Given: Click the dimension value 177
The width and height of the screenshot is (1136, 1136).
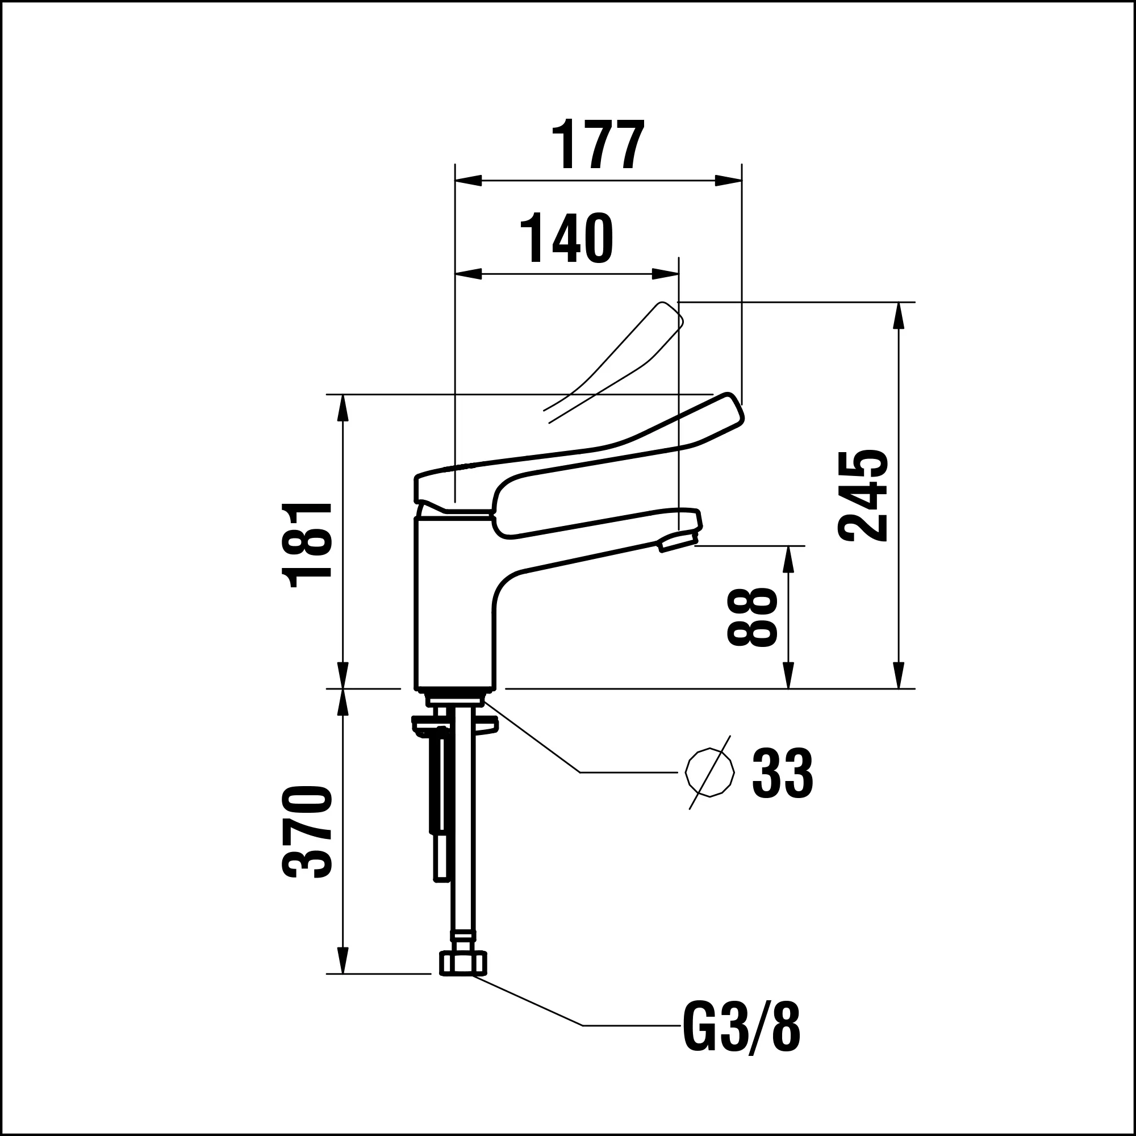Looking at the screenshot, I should [598, 145].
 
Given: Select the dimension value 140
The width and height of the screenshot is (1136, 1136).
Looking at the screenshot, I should [566, 238].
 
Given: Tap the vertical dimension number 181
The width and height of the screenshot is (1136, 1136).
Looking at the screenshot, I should [307, 545].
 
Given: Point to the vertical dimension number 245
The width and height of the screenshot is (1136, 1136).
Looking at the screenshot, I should [863, 496].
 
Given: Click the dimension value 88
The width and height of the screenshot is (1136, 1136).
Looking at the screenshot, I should [752, 617].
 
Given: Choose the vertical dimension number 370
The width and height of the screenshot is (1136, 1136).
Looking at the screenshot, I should [307, 832].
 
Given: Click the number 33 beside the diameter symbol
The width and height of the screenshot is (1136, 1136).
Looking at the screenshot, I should [782, 773].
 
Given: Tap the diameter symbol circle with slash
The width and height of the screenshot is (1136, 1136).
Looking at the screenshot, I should [709, 772].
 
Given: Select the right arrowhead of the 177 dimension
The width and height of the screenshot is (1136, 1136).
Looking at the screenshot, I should [729, 181].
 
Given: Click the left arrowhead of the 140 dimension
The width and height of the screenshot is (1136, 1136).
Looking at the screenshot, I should [468, 274].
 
